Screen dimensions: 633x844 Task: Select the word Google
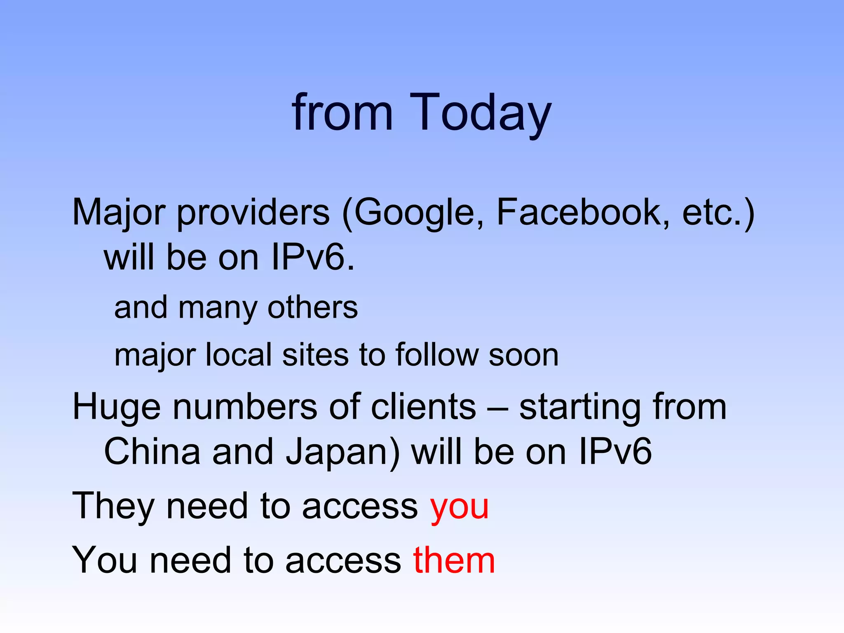click(414, 213)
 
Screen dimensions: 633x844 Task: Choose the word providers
click(253, 213)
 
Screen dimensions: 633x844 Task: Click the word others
click(313, 307)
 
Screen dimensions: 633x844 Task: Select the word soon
click(523, 355)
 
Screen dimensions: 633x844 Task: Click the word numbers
click(245, 407)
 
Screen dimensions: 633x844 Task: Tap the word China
click(152, 452)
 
